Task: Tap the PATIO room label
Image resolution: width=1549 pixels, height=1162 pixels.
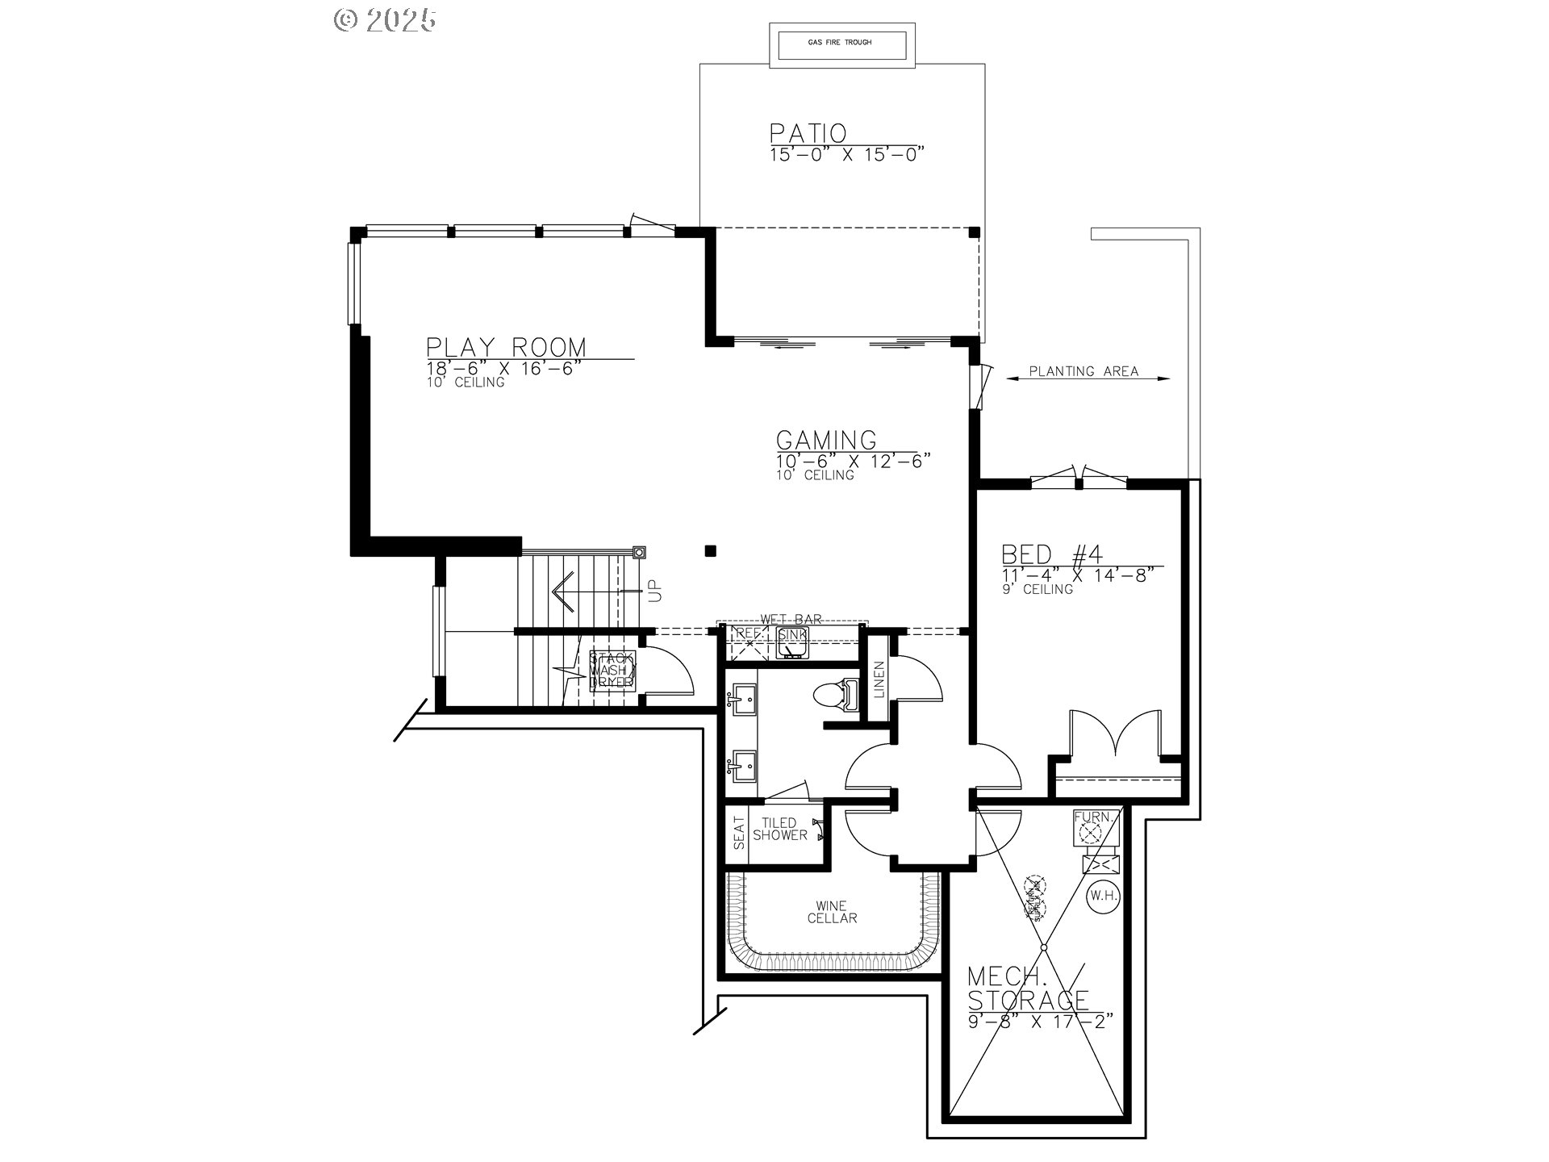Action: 807,133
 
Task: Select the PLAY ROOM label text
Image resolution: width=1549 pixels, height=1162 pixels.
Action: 507,348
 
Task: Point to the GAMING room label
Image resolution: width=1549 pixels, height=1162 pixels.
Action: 826,441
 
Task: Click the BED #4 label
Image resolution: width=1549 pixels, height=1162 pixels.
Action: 1052,555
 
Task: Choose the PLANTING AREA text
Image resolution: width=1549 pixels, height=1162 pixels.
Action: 1083,372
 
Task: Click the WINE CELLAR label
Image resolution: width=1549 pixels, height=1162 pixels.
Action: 832,912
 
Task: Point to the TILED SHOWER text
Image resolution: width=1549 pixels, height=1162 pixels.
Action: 780,830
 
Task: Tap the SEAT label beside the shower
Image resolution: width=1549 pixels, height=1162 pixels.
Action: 739,833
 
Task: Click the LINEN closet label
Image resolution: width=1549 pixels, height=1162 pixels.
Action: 879,679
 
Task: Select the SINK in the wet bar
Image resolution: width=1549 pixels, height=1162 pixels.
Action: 792,637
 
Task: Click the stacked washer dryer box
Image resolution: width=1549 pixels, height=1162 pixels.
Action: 612,671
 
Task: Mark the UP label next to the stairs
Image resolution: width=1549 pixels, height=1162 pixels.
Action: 654,590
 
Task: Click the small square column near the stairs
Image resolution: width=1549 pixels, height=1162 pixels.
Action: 711,551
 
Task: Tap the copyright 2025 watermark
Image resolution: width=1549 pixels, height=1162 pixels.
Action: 386,19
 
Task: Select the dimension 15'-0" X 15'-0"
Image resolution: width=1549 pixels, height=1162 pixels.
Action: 845,155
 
